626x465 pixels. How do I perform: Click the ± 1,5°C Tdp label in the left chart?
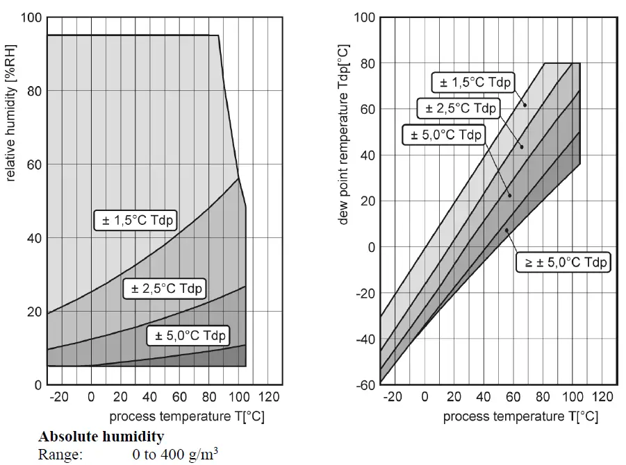[x=136, y=221]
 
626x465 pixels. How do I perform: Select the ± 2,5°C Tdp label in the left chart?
[x=165, y=288]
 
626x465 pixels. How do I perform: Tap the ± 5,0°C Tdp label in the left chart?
[x=188, y=336]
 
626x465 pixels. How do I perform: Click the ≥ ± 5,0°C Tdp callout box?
[x=563, y=262]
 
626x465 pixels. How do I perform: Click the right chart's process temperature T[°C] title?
[x=520, y=416]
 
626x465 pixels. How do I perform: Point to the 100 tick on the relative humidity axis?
[x=30, y=17]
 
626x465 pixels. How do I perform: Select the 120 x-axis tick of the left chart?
[x=268, y=397]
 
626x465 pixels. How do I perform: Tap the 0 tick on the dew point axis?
[x=371, y=248]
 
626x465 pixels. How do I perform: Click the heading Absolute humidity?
[x=101, y=437]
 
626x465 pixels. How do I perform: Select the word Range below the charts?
[x=60, y=455]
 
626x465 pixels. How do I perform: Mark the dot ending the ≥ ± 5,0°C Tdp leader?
[x=506, y=230]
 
